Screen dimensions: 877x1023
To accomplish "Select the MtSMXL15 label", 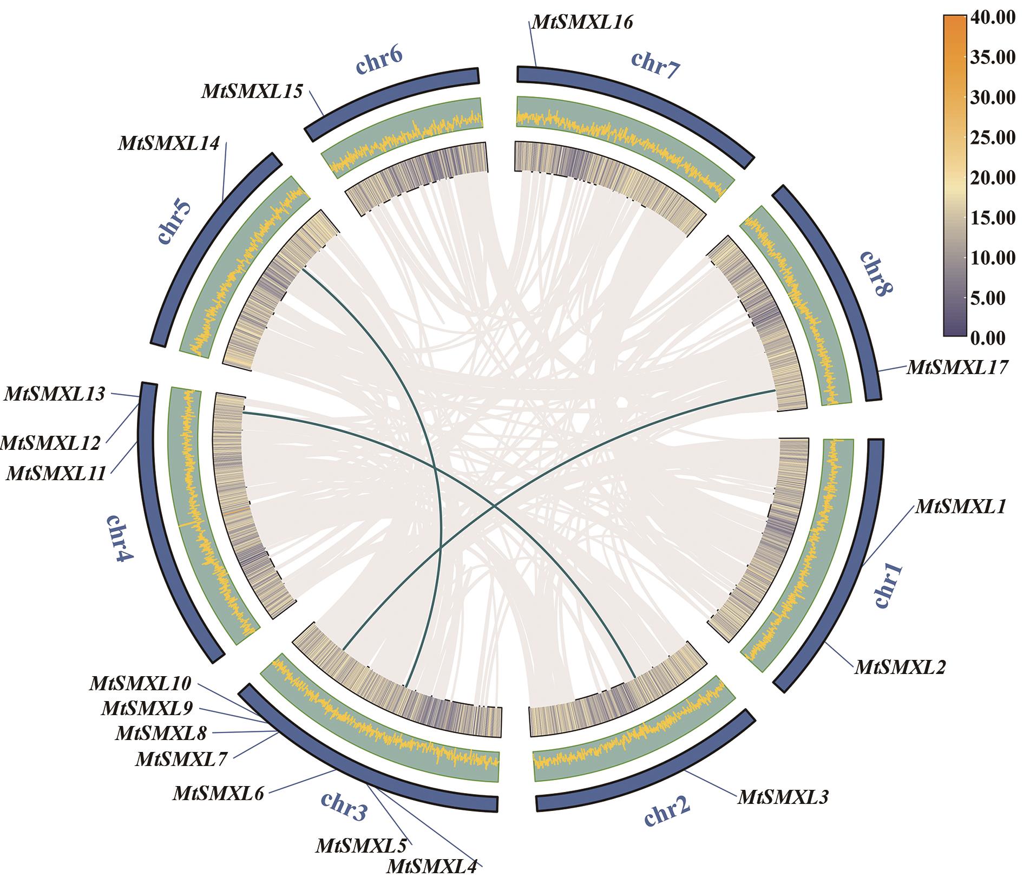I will point(252,91).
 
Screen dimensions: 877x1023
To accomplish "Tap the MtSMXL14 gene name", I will point(169,144).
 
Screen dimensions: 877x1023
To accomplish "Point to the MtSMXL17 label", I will point(957,368).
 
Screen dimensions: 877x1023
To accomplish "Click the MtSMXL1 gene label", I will point(960,507).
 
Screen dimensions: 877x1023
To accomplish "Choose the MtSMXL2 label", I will point(900,667).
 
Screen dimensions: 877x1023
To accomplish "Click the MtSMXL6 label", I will point(218,794).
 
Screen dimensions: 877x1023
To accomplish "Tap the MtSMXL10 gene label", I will point(141,684).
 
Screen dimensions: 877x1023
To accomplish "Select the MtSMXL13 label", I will point(54,394).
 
